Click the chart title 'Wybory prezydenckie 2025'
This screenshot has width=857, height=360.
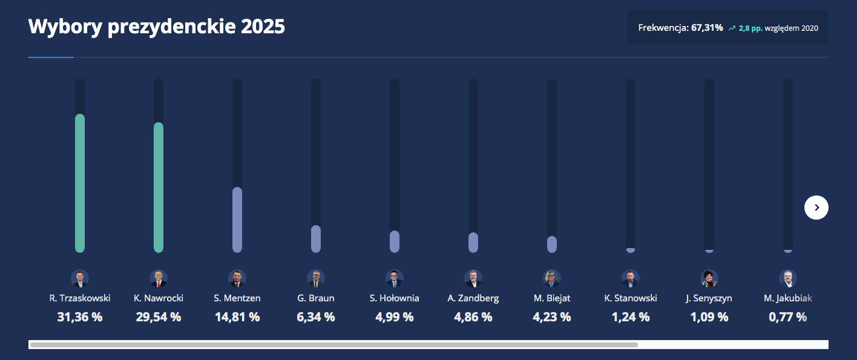156,27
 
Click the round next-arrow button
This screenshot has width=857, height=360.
816,208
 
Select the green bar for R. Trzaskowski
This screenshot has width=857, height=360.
80,183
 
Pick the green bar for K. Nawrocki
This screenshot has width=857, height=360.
159,187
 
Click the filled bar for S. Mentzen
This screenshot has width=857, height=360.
237,219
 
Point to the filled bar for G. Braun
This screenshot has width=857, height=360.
316,238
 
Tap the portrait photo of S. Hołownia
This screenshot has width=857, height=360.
395,278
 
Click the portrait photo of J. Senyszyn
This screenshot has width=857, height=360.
709,278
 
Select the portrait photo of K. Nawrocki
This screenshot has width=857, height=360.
159,278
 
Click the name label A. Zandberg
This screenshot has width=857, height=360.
473,298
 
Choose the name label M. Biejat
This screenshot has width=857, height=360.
552,298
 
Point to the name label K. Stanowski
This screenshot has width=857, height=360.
631,298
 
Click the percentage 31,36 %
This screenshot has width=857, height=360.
80,317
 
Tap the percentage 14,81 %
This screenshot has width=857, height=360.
237,317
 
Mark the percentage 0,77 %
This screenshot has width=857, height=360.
787,317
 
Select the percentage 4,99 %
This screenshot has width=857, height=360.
395,317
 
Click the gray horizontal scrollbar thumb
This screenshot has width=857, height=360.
333,345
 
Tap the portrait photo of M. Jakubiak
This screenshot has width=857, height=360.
788,278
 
